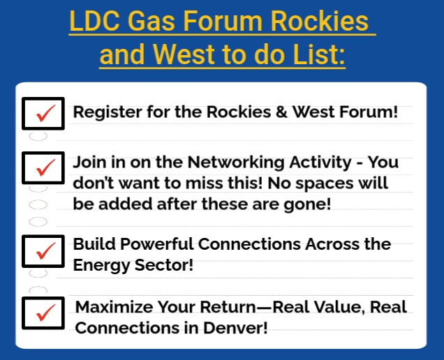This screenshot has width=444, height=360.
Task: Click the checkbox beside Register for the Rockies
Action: [43, 113]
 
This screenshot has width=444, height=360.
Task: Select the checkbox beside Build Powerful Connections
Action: [43, 250]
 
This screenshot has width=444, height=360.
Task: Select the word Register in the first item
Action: [105, 112]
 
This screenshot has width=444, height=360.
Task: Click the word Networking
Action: [228, 163]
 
